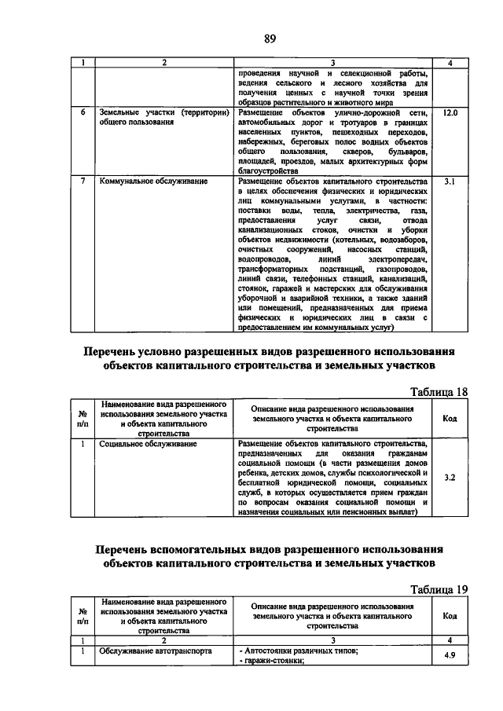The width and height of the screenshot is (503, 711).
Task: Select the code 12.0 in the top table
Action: [450, 113]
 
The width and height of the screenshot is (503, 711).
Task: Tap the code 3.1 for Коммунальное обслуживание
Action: [450, 181]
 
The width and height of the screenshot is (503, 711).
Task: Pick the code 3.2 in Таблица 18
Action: [450, 477]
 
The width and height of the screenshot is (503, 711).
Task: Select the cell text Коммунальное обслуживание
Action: [153, 181]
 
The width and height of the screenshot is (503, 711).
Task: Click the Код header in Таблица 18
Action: [450, 419]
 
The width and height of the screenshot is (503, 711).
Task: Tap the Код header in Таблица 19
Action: [450, 616]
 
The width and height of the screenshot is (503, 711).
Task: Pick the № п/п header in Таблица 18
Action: [83, 419]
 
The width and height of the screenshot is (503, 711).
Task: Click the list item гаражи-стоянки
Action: [271, 661]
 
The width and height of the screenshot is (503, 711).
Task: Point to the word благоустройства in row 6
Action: [267, 170]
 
